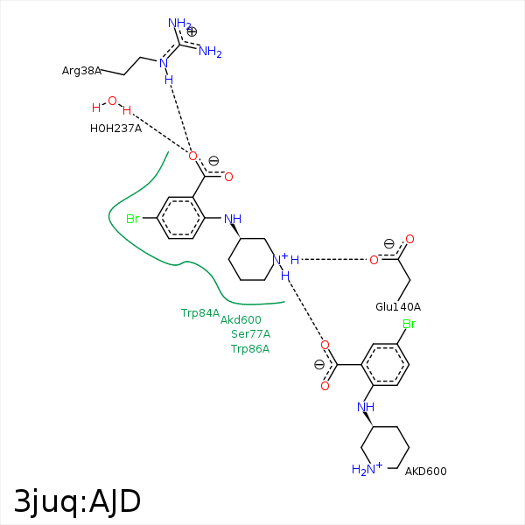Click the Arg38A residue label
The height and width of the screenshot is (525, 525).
click(81, 70)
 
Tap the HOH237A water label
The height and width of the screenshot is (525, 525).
click(115, 128)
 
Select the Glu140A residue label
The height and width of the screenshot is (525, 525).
click(398, 306)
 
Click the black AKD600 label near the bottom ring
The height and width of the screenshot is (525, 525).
click(425, 472)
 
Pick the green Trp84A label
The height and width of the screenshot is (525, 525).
click(200, 312)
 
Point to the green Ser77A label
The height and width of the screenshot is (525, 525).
click(250, 334)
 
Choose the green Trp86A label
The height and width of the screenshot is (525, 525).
click(250, 349)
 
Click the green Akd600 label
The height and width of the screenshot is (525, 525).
click(241, 320)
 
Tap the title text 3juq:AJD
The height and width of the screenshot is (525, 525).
click(77, 501)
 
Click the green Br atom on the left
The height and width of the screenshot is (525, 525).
click(133, 219)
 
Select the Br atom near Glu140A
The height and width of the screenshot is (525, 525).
click(408, 325)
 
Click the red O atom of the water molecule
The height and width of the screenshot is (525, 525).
click(112, 101)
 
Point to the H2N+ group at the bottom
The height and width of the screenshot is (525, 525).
click(367, 470)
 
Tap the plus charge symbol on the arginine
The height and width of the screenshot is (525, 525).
click(192, 31)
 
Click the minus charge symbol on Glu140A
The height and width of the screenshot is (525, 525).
click(388, 244)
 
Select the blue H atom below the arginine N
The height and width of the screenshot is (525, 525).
click(169, 80)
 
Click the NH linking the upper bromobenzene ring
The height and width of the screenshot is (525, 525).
click(232, 219)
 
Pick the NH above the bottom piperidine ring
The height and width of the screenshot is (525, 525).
click(366, 407)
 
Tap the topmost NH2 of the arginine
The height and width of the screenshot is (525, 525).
click(179, 23)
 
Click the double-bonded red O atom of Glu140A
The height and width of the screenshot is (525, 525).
click(409, 239)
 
